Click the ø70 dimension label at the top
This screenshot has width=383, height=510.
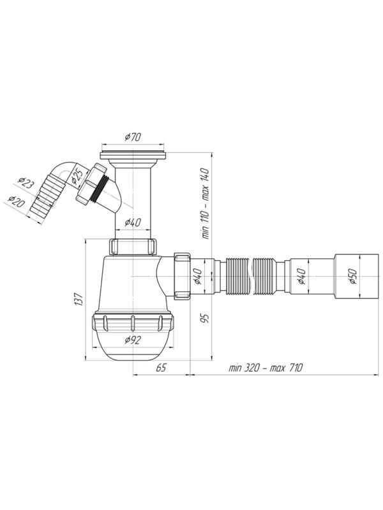(133, 137)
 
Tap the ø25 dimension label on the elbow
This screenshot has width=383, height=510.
(77, 177)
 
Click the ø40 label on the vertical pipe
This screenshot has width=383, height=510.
(133, 222)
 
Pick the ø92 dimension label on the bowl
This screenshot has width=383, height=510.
(133, 340)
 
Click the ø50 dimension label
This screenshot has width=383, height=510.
(353, 276)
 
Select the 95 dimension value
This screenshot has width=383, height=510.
(205, 318)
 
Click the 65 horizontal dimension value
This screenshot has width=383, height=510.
(161, 368)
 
